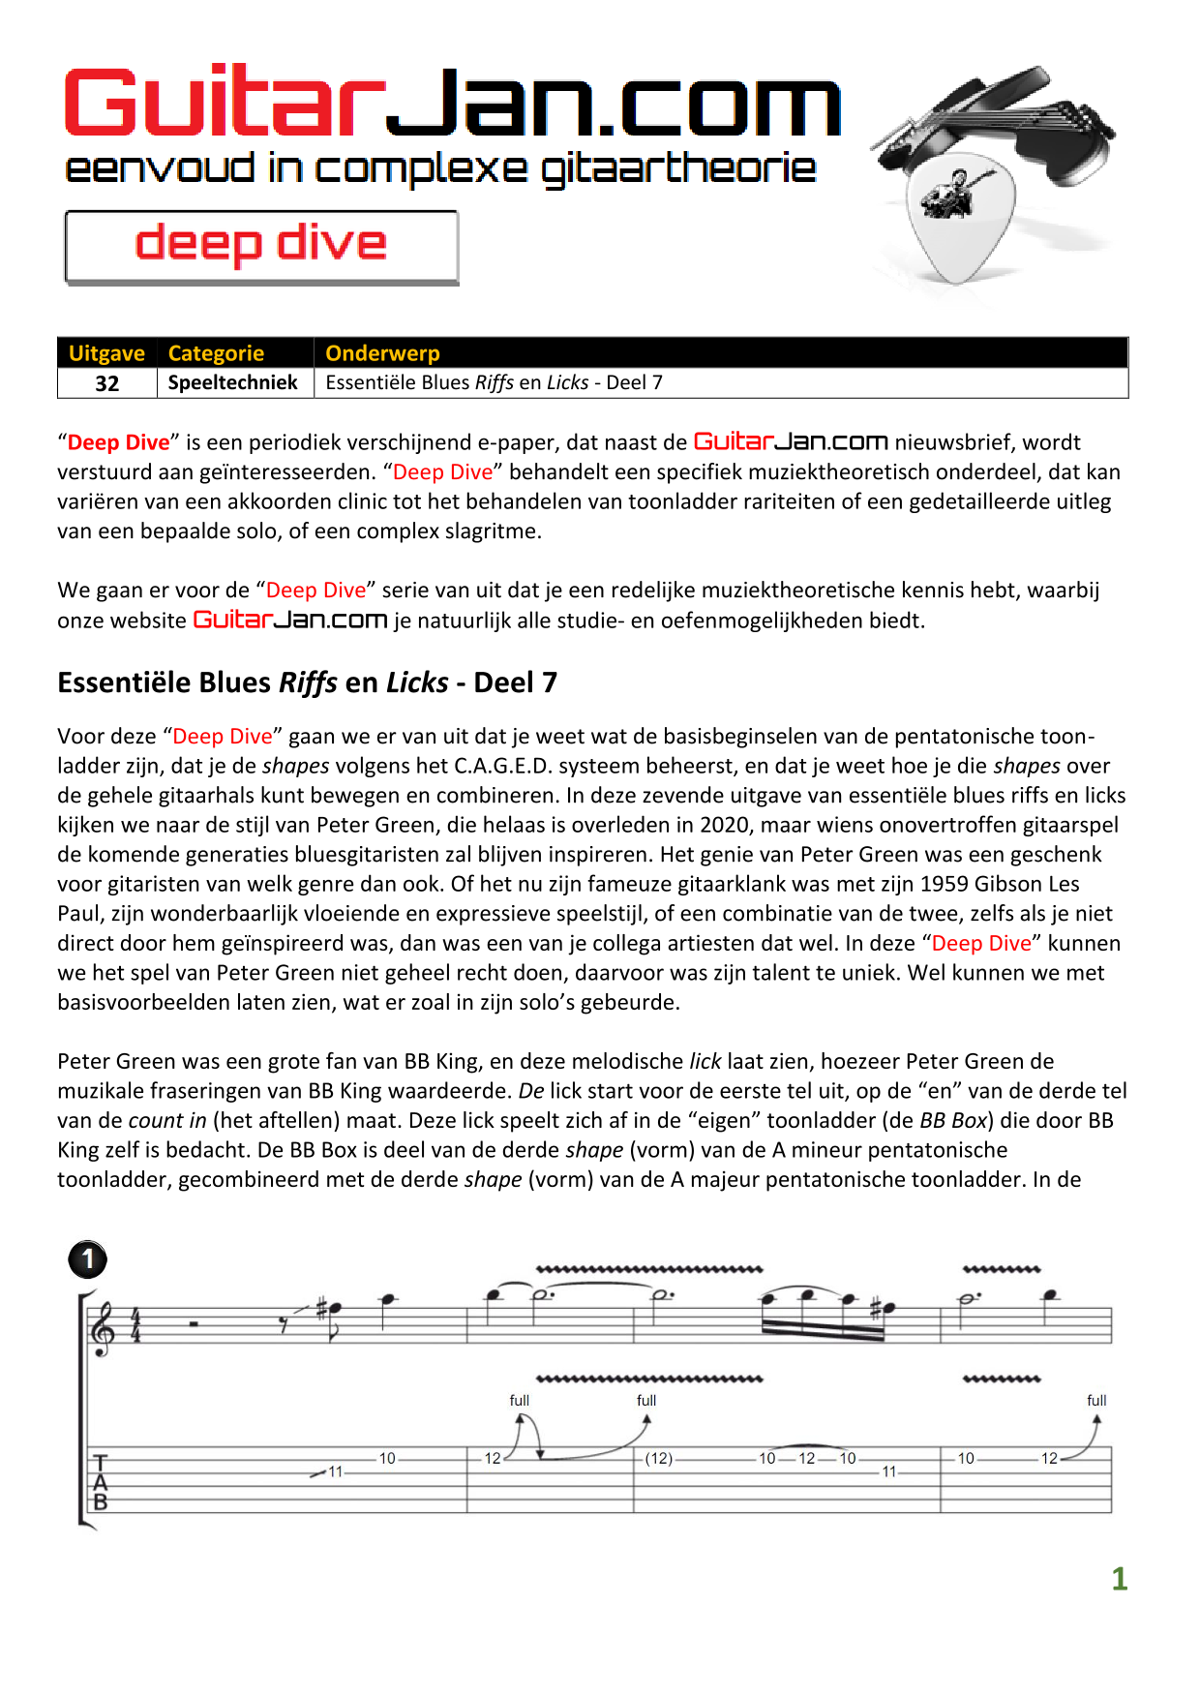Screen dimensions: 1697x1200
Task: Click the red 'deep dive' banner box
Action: (261, 247)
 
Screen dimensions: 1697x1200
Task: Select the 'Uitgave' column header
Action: (106, 353)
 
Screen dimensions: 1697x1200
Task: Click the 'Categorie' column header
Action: (216, 353)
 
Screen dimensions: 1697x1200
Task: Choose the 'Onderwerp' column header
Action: (382, 353)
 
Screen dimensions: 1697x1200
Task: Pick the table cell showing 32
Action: (107, 383)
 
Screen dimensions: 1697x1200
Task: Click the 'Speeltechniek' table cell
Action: (233, 382)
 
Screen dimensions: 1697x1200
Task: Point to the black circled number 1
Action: (88, 1259)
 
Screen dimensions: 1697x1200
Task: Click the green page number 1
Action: (1120, 1579)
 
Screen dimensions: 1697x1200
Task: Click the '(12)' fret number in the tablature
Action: (659, 1458)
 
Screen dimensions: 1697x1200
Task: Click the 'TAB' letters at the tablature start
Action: (100, 1482)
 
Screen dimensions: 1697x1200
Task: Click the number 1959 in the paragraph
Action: (944, 884)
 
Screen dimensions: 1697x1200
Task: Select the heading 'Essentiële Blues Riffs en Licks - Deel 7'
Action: (307, 682)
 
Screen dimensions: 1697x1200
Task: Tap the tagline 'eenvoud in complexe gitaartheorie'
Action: (440, 169)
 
